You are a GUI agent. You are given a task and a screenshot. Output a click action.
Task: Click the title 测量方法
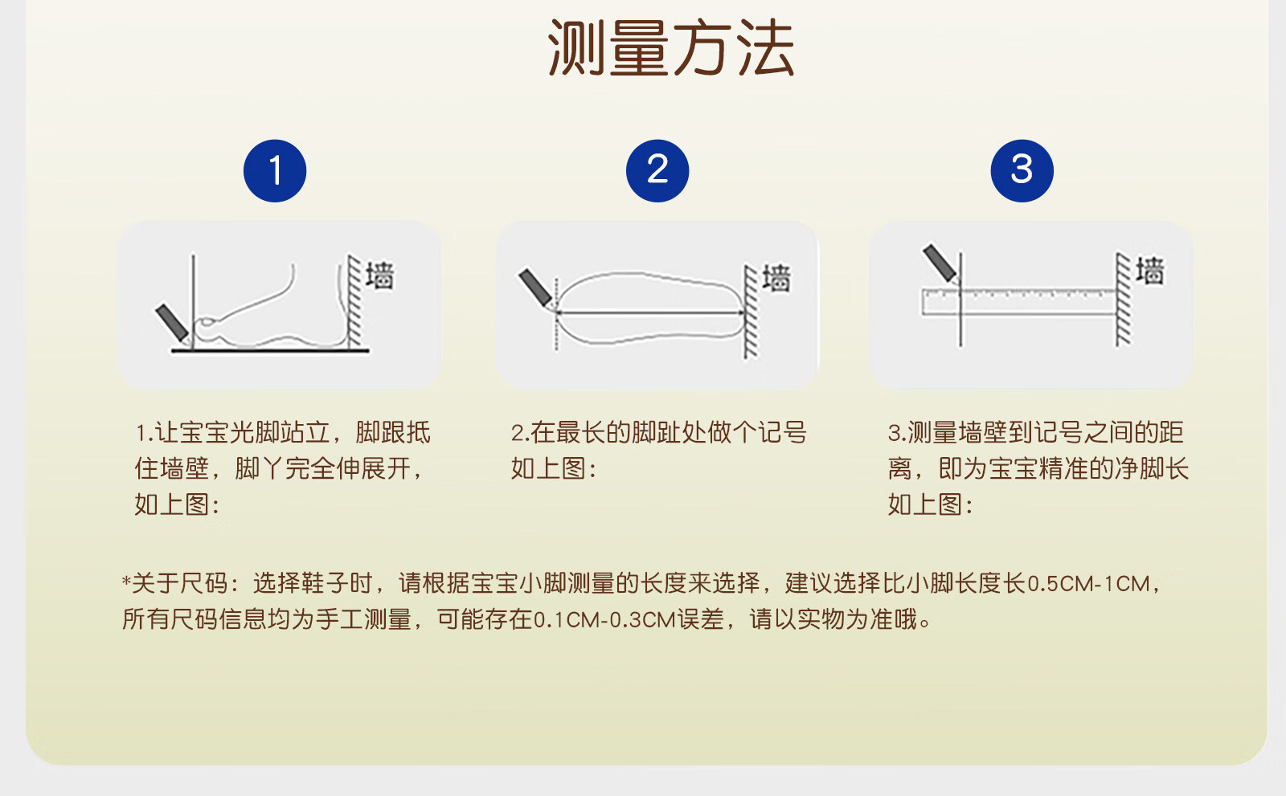[671, 47]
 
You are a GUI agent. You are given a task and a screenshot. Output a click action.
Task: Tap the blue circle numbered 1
[275, 170]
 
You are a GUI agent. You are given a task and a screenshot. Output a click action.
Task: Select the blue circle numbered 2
[657, 170]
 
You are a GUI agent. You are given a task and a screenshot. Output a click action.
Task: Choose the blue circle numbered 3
[1022, 170]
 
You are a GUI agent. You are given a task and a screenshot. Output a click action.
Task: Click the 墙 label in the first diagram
[380, 276]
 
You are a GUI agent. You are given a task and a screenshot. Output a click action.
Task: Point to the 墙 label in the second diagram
[776, 279]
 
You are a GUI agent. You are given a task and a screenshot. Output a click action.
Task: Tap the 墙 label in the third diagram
[1150, 271]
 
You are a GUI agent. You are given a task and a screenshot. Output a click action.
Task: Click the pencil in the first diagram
[172, 324]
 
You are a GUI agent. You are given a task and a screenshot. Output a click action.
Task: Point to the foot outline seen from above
[650, 308]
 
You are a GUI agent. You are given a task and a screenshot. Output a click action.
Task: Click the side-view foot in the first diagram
[270, 306]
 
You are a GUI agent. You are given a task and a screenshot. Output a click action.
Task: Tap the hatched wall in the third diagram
[1123, 299]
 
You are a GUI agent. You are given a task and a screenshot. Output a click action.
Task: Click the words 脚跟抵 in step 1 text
[393, 432]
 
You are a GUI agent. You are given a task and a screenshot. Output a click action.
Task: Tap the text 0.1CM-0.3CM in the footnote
[604, 620]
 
